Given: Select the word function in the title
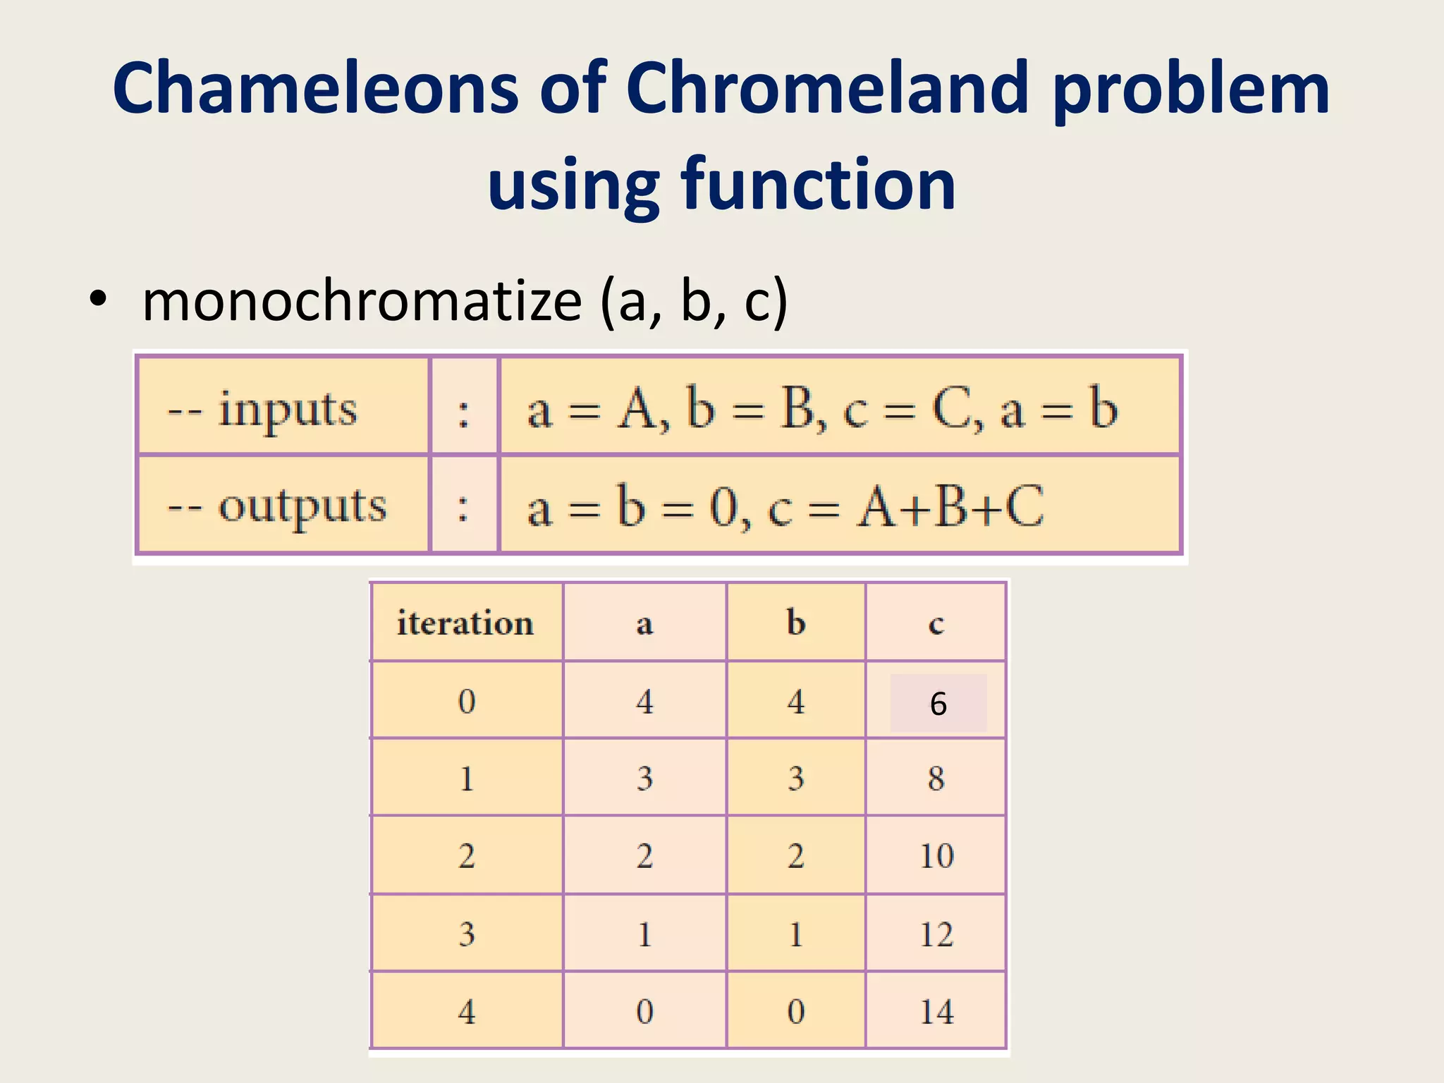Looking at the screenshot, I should click(818, 185).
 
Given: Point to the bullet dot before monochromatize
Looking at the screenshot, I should click(98, 299).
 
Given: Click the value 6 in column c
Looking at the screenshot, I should click(938, 704).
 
